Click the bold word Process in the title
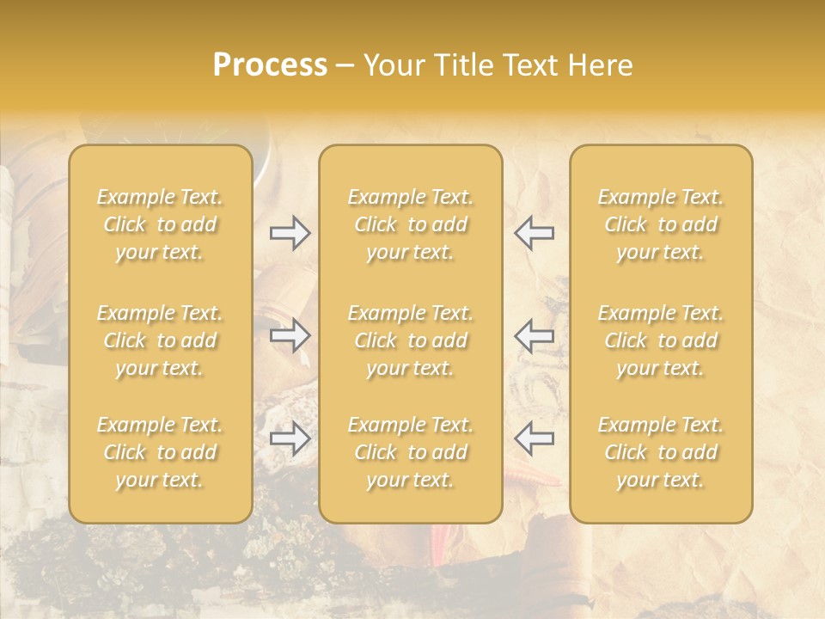pyautogui.click(x=270, y=65)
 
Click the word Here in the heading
pyautogui.click(x=600, y=65)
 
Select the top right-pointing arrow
pyautogui.click(x=290, y=233)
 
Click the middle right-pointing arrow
pyautogui.click(x=290, y=334)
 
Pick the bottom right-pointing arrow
pyautogui.click(x=290, y=438)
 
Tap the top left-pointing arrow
pyautogui.click(x=535, y=233)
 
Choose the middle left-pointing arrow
pyautogui.click(x=535, y=334)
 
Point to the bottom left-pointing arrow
pyautogui.click(x=535, y=438)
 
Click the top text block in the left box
pyautogui.click(x=160, y=224)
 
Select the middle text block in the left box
pyautogui.click(x=160, y=340)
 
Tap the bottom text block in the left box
pyautogui.click(x=160, y=452)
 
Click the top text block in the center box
pyautogui.click(x=410, y=224)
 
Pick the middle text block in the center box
pyautogui.click(x=410, y=340)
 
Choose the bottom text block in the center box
pyautogui.click(x=410, y=452)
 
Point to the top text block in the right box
pyautogui.click(x=661, y=224)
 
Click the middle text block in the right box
pyautogui.click(x=661, y=340)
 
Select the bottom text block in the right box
pyautogui.click(x=661, y=452)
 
